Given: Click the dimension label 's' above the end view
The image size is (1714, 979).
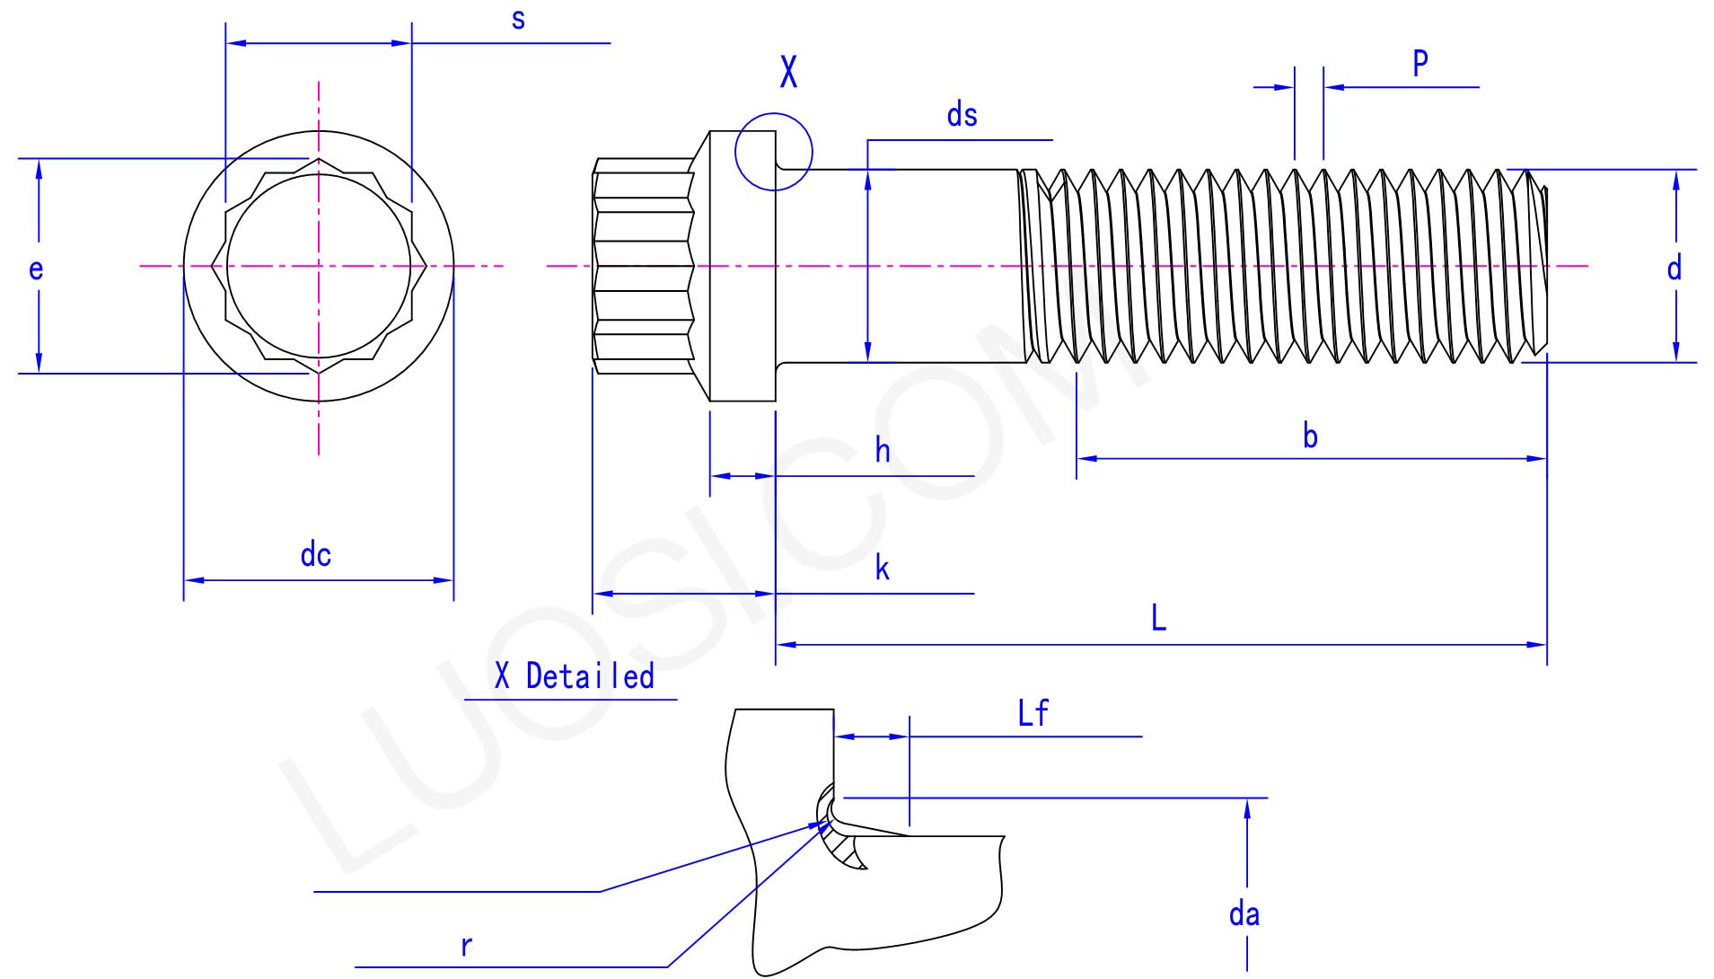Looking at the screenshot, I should click(518, 20).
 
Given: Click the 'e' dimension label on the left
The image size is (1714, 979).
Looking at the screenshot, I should click(36, 269).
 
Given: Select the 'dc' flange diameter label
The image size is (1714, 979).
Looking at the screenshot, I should click(315, 555).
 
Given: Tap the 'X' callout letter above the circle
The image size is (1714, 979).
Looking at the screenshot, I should click(788, 71).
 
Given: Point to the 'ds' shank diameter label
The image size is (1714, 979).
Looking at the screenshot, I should click(962, 115).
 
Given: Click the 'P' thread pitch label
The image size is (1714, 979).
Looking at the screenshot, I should click(1420, 64).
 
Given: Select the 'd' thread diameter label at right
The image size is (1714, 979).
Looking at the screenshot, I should click(1674, 269).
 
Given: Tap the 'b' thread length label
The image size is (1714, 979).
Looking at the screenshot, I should click(1310, 437).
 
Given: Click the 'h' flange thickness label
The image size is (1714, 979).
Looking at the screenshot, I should click(883, 451).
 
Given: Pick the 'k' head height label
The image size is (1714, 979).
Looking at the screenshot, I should click(883, 569).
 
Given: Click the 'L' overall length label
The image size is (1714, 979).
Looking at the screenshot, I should click(1158, 618).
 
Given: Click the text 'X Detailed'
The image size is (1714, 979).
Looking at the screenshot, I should click(575, 676).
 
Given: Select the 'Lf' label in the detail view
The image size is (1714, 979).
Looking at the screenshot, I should click(1033, 713).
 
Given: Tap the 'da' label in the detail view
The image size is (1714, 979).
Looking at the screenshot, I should click(1244, 914).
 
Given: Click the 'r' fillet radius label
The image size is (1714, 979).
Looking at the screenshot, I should click(466, 946).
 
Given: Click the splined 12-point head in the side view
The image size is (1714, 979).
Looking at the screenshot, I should click(642, 266).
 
